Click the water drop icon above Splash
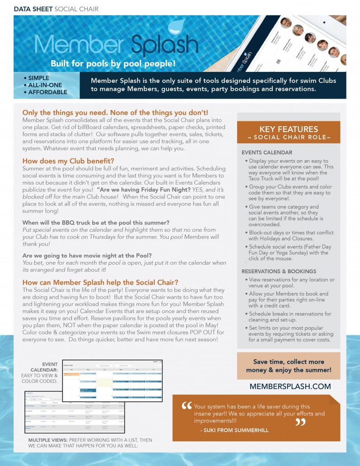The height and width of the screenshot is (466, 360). pos(175,29)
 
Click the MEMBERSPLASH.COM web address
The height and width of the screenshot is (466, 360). pos(290,386)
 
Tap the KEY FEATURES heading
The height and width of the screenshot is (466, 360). pos(289,129)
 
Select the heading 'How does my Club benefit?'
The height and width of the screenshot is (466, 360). pos(68,161)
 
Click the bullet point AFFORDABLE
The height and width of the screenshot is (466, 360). pos(47,92)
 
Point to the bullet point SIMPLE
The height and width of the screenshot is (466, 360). pos(38,78)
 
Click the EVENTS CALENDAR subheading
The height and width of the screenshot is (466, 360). pos(267,152)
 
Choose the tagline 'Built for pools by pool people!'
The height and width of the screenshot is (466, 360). pos(113,63)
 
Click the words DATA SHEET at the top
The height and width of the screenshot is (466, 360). pos(33,9)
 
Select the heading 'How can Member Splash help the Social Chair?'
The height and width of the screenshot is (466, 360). pos(100,282)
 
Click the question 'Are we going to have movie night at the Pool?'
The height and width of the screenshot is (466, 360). pos(87,256)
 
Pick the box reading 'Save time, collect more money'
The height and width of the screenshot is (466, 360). pos(289,366)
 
